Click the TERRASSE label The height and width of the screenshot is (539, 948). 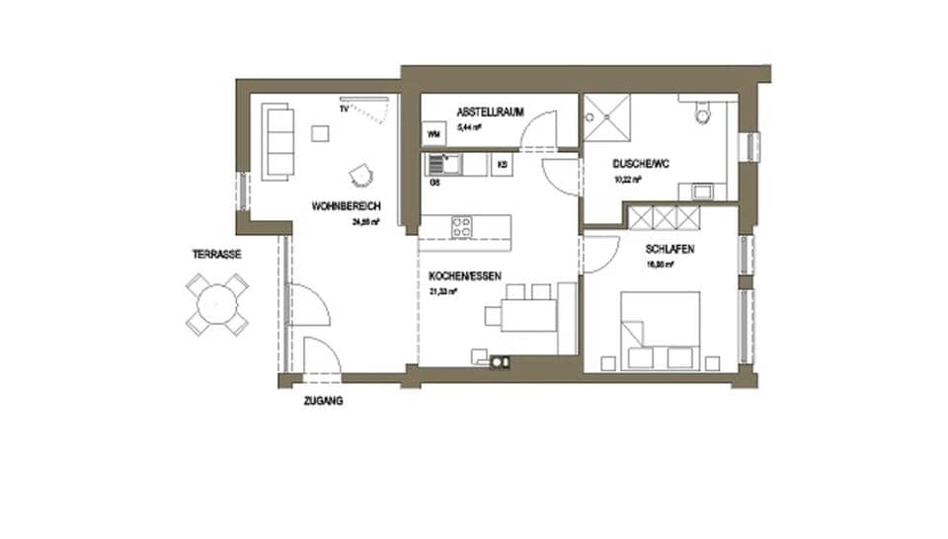216,254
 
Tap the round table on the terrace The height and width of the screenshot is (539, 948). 216,304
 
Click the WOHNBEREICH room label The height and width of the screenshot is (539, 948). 346,206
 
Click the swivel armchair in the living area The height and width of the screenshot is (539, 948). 361,176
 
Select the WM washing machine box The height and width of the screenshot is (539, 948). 433,133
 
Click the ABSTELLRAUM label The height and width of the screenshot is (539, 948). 489,112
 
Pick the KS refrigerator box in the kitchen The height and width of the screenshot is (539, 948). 503,165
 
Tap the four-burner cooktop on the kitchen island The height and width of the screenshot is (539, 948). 461,226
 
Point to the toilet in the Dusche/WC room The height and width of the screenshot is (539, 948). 702,115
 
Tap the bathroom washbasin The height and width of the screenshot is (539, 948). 702,190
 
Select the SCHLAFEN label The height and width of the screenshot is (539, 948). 670,250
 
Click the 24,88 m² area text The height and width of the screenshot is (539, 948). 364,222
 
